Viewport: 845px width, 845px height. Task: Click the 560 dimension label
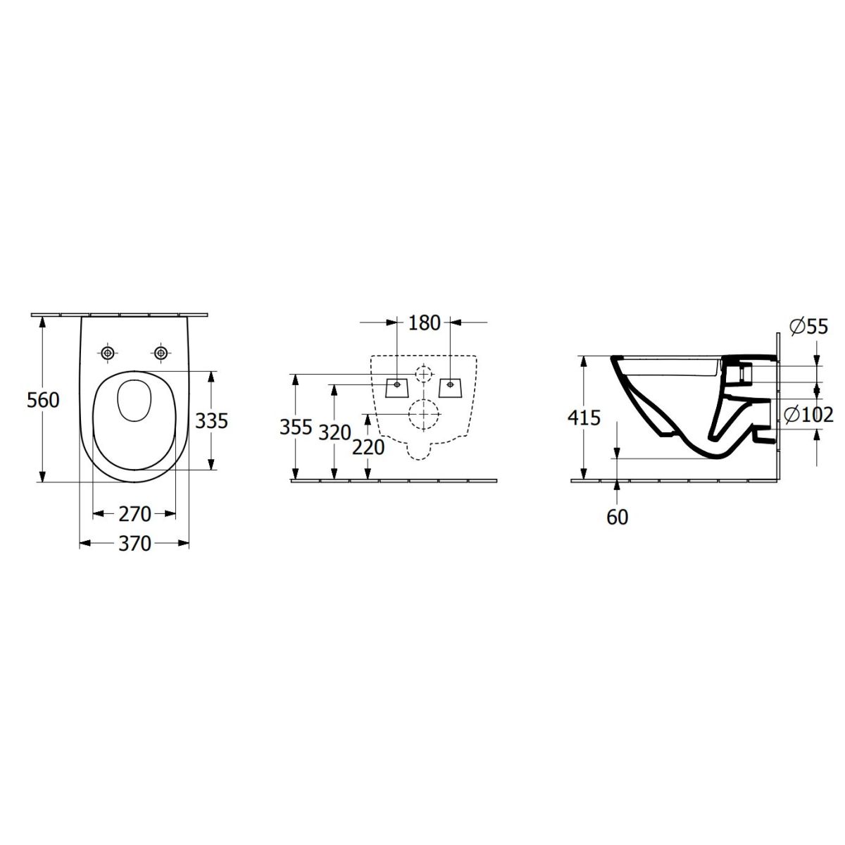tap(43, 400)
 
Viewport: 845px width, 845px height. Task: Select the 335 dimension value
tap(211, 421)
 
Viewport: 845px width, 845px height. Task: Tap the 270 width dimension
tap(134, 514)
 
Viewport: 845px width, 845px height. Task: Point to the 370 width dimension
tap(134, 544)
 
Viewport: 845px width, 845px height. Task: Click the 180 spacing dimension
tap(424, 323)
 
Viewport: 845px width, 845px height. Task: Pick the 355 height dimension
tap(296, 427)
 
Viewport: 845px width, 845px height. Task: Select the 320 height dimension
tap(334, 433)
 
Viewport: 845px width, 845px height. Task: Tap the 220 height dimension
tap(368, 447)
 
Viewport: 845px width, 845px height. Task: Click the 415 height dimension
tap(584, 418)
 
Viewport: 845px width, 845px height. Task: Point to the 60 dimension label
tap(617, 518)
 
